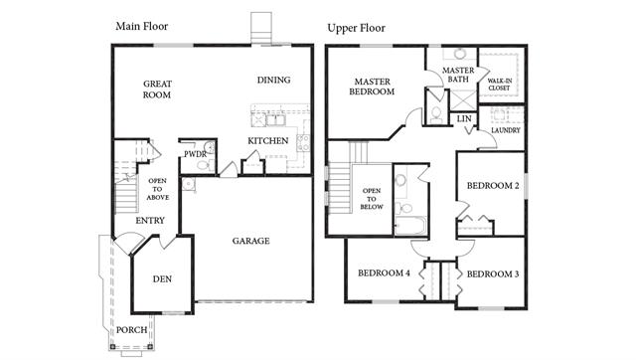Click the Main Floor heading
pyautogui.click(x=141, y=27)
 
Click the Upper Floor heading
pyautogui.click(x=356, y=28)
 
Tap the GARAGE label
pyautogui.click(x=250, y=241)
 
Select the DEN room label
pyautogui.click(x=162, y=279)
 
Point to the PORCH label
pyautogui.click(x=131, y=330)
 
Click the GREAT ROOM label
pyautogui.click(x=157, y=90)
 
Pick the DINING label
pyautogui.click(x=274, y=80)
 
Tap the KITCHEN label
pyautogui.click(x=268, y=141)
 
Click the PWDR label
pyautogui.click(x=195, y=154)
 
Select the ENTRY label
pyautogui.click(x=150, y=221)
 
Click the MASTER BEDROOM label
pyautogui.click(x=372, y=87)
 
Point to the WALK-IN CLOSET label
pyautogui.click(x=499, y=85)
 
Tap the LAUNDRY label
pyautogui.click(x=506, y=130)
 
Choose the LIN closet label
pyautogui.click(x=464, y=119)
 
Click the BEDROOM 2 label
pyautogui.click(x=493, y=186)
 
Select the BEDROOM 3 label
pyautogui.click(x=493, y=274)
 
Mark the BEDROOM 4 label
pyautogui.click(x=384, y=273)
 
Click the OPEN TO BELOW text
pyautogui.click(x=372, y=199)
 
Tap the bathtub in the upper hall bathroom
pyautogui.click(x=410, y=226)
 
